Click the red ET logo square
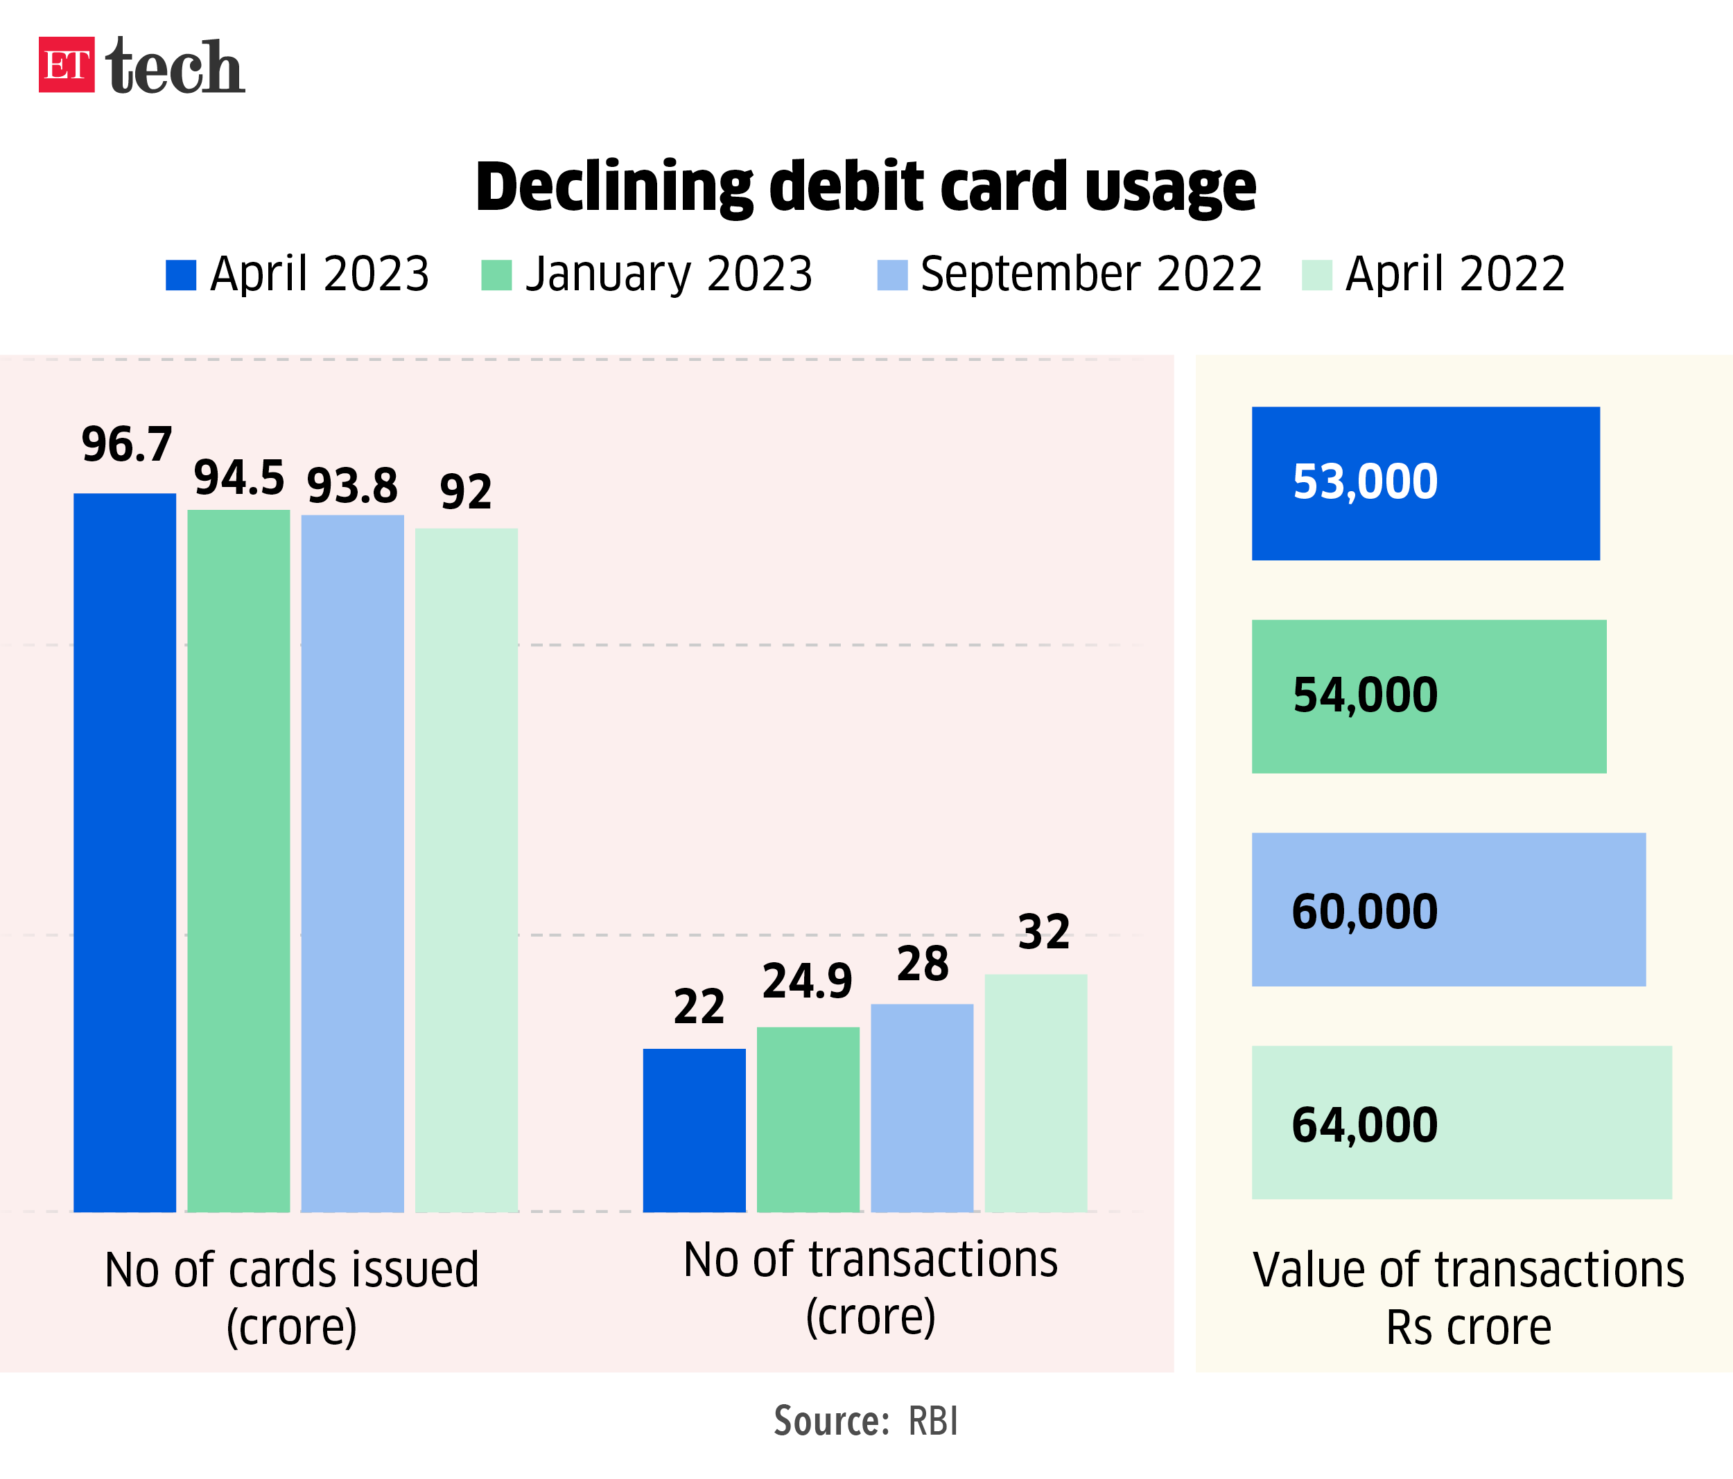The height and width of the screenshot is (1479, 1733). pos(66,64)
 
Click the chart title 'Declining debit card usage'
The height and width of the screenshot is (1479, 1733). pos(866,186)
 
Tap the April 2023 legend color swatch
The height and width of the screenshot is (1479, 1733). pos(181,275)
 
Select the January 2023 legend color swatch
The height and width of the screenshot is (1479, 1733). pos(496,275)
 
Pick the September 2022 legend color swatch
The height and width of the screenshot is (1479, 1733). pos(891,275)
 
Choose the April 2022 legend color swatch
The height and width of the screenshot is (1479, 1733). pos(1316,275)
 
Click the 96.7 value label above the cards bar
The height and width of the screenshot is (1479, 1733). pos(126,444)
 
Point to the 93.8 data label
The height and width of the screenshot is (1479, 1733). pos(352,486)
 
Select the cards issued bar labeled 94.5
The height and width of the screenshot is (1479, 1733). pos(238,861)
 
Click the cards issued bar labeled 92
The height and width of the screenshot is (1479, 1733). pos(466,869)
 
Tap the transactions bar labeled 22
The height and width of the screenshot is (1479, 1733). pos(694,1130)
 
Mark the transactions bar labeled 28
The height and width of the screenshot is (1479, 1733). pos(922,1108)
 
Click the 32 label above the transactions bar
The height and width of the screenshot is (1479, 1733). pos(1044,931)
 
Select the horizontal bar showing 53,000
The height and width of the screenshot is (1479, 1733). pos(1425,484)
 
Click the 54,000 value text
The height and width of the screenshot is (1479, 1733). pos(1365,695)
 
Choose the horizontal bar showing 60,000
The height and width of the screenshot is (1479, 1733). pos(1449,910)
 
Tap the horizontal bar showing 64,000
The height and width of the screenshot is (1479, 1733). pos(1461,1123)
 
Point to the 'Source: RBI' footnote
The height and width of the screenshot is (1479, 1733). pos(866,1421)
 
